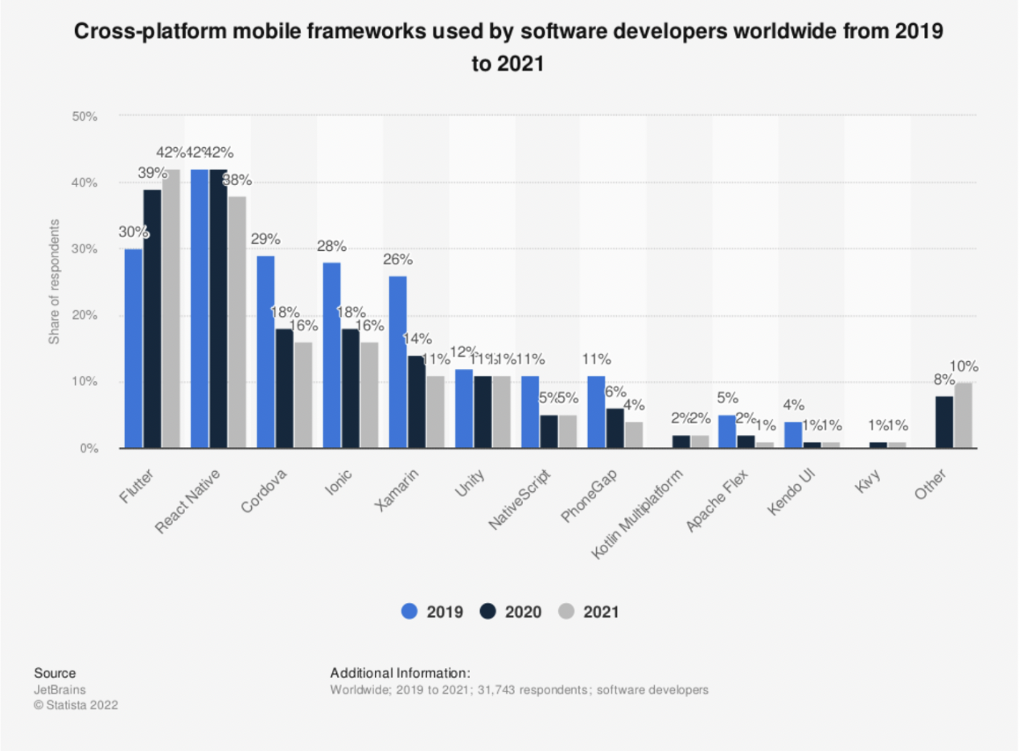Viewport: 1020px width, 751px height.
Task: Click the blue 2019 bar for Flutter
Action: point(134,348)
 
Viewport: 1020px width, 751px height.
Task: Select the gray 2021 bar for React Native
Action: point(236,322)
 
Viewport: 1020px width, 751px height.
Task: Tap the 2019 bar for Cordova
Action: point(265,352)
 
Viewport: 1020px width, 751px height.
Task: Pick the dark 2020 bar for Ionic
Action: point(350,388)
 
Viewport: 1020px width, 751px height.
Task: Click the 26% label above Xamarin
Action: point(397,259)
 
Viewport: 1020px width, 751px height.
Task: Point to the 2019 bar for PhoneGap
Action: point(596,412)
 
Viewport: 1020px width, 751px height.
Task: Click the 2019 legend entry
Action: point(432,612)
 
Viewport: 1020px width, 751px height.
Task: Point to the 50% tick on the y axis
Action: point(85,117)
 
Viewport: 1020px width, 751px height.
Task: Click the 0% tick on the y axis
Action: point(88,448)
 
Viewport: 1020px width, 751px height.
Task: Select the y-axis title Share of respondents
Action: point(54,280)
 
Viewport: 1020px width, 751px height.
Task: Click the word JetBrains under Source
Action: point(60,689)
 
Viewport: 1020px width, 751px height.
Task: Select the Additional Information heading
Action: point(400,673)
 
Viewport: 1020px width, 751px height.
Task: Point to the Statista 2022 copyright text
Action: point(76,705)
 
